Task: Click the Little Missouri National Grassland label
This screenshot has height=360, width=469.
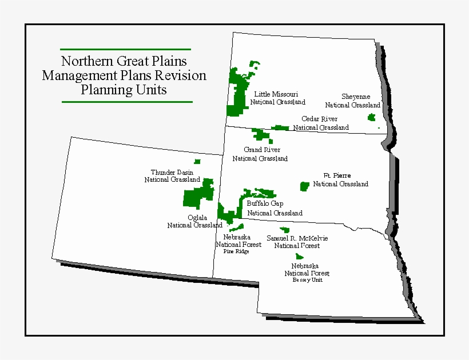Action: click(277, 98)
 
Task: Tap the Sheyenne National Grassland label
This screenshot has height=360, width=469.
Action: click(353, 101)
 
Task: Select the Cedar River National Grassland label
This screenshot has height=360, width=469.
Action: click(321, 123)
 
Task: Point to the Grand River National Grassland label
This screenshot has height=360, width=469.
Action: click(260, 154)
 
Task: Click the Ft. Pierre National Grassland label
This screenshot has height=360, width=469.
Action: click(340, 180)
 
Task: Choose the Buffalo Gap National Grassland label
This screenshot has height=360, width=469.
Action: click(275, 208)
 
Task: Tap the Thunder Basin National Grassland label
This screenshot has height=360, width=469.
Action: click(172, 176)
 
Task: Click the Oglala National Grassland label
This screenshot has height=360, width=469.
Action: click(194, 221)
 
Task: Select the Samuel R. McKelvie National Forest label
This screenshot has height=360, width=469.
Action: click(297, 242)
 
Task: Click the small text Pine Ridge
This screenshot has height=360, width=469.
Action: click(236, 251)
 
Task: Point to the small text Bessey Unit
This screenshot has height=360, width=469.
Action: click(307, 280)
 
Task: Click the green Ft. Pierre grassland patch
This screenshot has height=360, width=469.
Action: click(304, 186)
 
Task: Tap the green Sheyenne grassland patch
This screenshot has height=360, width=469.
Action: click(371, 117)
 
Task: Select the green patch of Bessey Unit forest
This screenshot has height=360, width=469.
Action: click(299, 257)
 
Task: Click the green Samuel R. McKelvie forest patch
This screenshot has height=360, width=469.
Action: click(284, 230)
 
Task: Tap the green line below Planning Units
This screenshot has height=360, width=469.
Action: click(126, 102)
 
